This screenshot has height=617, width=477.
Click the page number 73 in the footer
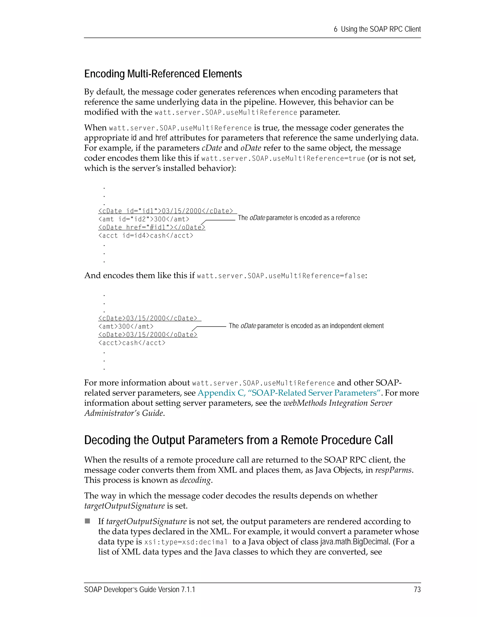[417, 590]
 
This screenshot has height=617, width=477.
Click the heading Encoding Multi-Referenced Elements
[163, 74]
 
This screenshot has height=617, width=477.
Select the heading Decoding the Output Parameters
[238, 440]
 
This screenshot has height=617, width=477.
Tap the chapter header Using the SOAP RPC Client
[377, 29]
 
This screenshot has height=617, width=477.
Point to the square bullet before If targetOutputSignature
[87, 521]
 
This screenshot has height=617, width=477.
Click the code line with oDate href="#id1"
[152, 227]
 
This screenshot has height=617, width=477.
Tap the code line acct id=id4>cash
[146, 236]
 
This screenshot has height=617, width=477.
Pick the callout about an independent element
[306, 326]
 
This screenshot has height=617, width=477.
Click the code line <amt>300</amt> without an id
[126, 327]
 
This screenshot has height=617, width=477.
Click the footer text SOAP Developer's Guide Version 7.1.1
[140, 590]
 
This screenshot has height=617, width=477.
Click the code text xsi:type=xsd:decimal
[186, 542]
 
